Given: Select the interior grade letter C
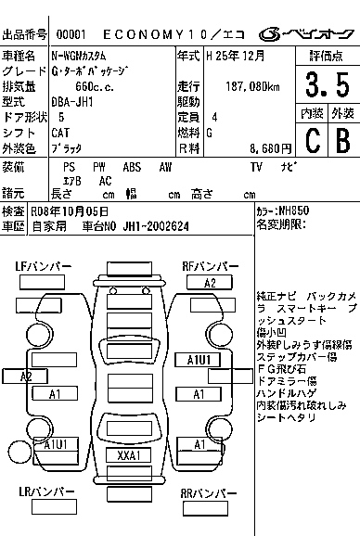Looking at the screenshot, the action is click(x=313, y=140).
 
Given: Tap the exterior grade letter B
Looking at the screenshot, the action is click(x=341, y=140).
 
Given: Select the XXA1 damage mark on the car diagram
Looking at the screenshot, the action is click(x=128, y=455).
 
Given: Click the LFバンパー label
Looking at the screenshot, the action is click(x=43, y=267).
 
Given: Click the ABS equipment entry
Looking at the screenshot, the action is click(x=132, y=167).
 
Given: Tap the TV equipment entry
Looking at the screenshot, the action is click(x=256, y=167).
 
